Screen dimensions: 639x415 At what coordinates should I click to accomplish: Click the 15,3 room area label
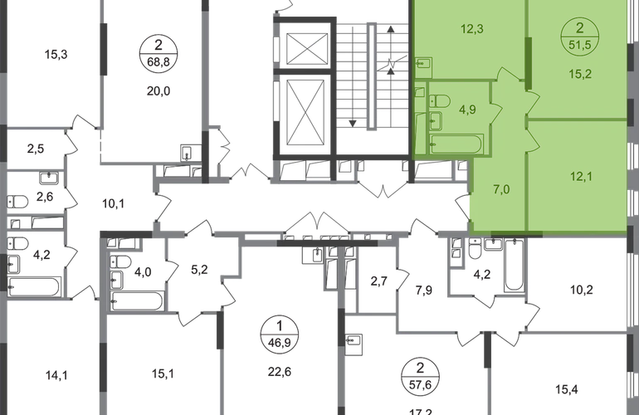[x=56, y=54]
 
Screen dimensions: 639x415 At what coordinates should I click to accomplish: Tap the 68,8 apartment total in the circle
[x=159, y=63]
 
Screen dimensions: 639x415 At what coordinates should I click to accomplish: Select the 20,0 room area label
[x=159, y=91]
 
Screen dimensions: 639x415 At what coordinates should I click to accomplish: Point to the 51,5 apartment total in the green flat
[x=580, y=45]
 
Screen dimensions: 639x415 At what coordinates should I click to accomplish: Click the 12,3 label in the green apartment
[x=472, y=29]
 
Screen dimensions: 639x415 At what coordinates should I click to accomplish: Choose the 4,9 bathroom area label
[x=467, y=110]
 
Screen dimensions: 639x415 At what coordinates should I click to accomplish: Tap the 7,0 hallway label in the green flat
[x=501, y=189]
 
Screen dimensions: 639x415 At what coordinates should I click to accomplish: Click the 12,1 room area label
[x=581, y=177]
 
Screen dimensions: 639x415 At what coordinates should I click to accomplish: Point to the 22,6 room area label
[x=280, y=372]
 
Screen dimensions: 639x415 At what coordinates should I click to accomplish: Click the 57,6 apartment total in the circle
[x=420, y=384]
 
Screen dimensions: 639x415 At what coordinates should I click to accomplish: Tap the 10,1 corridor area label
[x=113, y=203]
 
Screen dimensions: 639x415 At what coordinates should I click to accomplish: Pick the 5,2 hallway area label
[x=199, y=270]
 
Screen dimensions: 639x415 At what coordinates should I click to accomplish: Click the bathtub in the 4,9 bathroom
[x=456, y=144]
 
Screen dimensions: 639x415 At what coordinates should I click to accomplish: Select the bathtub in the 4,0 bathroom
[x=137, y=301]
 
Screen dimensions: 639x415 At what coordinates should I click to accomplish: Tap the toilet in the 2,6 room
[x=18, y=202]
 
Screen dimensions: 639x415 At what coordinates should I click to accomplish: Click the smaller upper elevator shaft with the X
[x=307, y=49]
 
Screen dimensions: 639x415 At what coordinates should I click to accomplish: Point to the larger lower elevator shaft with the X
[x=305, y=112]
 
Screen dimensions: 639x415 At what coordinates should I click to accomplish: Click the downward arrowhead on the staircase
[x=353, y=123]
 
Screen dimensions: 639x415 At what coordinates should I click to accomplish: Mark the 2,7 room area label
[x=378, y=281]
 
